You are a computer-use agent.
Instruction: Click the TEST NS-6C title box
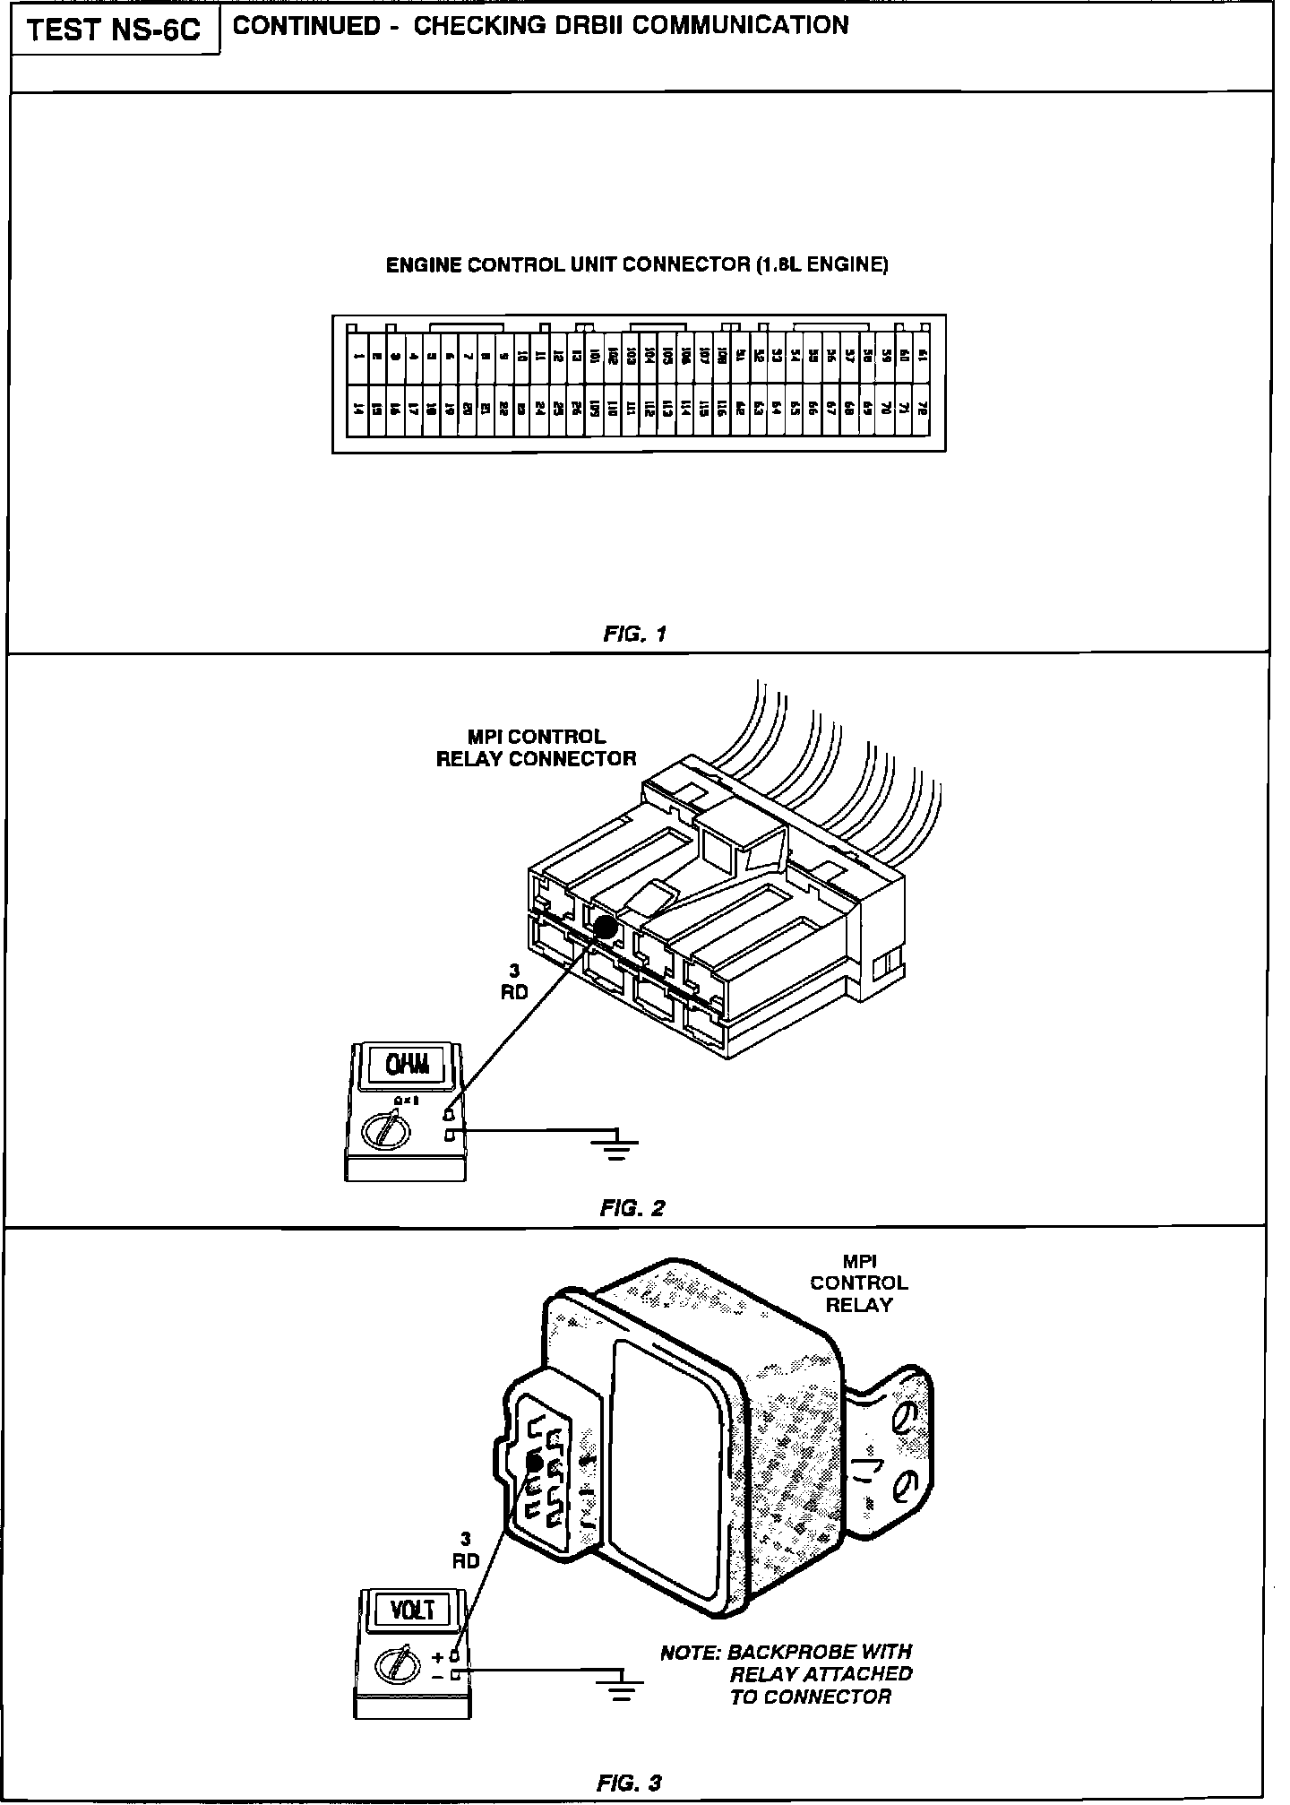(x=115, y=30)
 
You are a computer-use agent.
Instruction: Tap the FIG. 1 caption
(x=635, y=635)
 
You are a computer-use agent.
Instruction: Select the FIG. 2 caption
(x=632, y=1208)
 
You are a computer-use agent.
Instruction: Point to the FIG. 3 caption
(x=629, y=1783)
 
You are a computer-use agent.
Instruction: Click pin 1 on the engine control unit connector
(x=358, y=357)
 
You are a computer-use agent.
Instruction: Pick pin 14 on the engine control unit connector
(x=358, y=410)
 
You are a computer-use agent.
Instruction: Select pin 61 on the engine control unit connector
(x=923, y=357)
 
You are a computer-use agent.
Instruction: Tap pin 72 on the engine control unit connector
(x=923, y=410)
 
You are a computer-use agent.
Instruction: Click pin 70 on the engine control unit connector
(x=885, y=410)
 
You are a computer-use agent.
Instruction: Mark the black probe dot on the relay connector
(x=605, y=928)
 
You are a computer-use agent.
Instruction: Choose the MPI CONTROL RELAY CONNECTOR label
(x=536, y=747)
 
